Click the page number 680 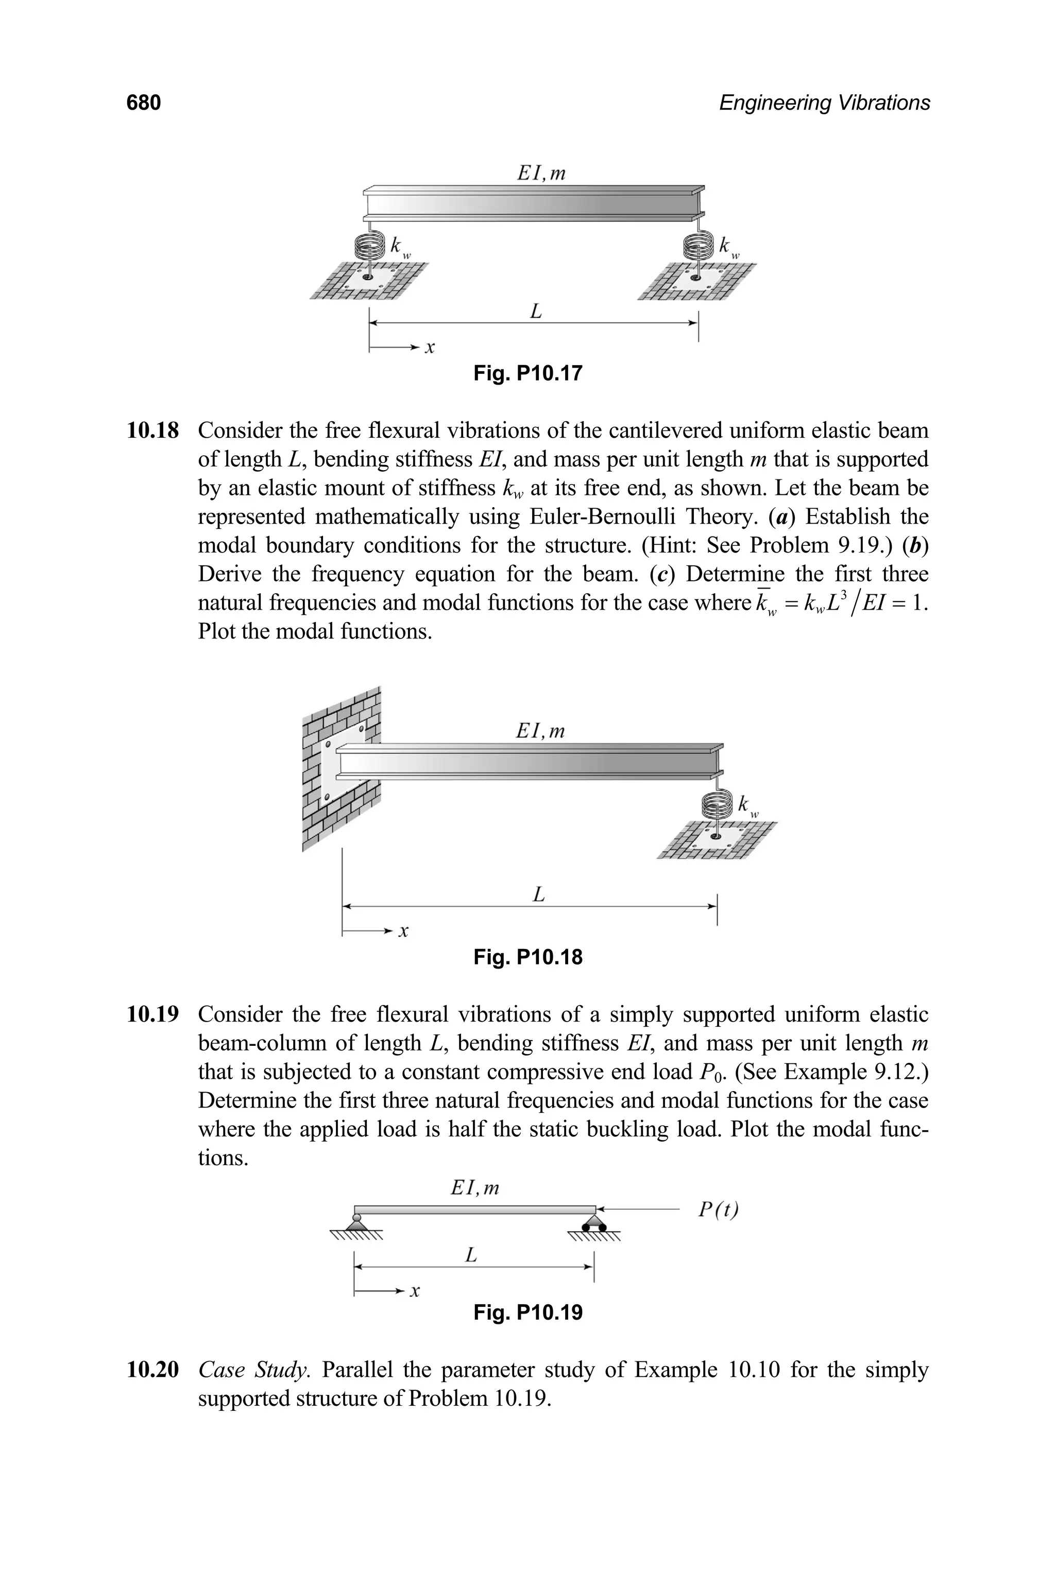point(143,103)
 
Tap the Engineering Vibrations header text point(824,103)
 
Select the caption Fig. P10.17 point(527,373)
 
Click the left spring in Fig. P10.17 point(367,246)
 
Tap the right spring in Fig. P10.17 point(697,246)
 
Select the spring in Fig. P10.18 point(717,805)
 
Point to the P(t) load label point(718,1210)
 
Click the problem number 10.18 point(152,430)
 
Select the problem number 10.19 point(152,1014)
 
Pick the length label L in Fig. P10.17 point(536,312)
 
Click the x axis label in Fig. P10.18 point(404,931)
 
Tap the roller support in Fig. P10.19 point(594,1222)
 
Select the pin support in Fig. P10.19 point(356,1222)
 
